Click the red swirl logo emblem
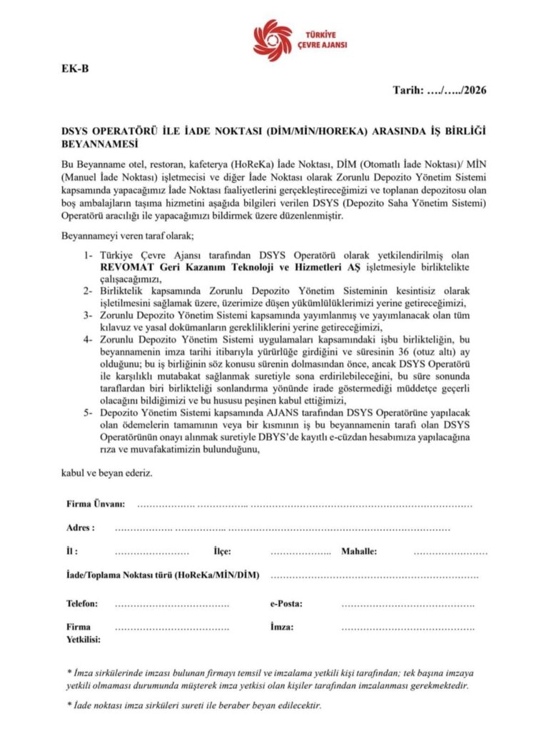point(273,39)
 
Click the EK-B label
point(74,69)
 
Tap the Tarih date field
point(440,91)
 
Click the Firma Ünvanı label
point(96,504)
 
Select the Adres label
point(80,528)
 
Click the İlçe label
point(222,552)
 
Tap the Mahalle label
point(358,552)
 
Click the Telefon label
point(82,603)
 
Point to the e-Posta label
point(285,603)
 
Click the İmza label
point(282,627)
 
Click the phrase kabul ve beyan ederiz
point(106,473)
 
